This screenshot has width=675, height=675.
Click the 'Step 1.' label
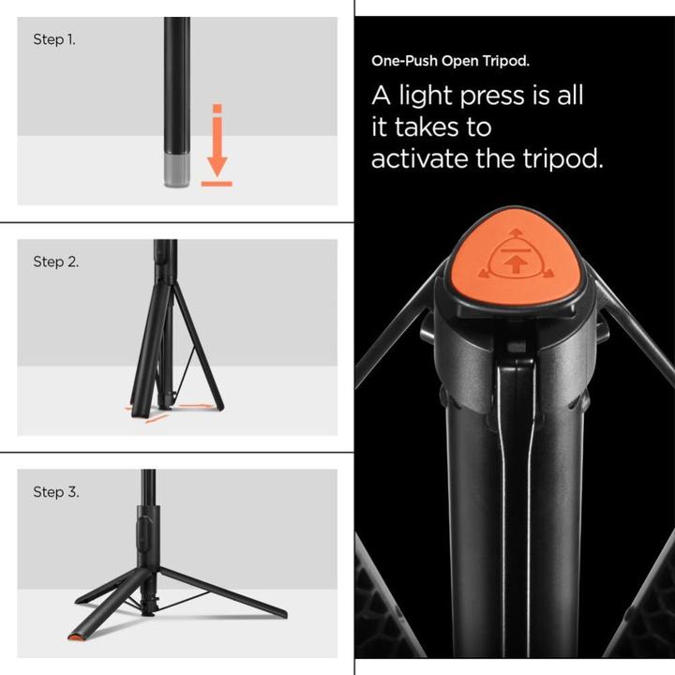pos(52,39)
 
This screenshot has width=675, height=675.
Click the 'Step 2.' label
pos(55,262)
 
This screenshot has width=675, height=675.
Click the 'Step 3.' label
pos(55,492)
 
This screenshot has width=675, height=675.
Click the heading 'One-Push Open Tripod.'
pos(450,61)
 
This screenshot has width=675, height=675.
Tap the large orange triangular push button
pos(515,258)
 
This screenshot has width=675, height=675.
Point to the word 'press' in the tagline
pos(531,96)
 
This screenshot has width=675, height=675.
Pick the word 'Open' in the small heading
pos(463,61)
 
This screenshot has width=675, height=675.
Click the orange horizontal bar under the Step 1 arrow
pos(217,184)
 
